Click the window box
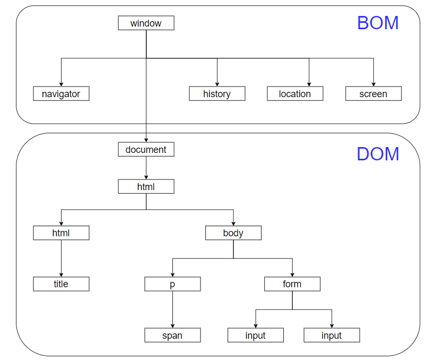point(146,23)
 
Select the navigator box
point(61,93)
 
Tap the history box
point(217,93)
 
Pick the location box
point(295,93)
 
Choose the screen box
point(373,93)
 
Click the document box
point(146,149)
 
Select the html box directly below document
point(146,186)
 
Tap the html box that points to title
point(61,233)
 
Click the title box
point(61,284)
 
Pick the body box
point(233,233)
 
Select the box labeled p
point(172,284)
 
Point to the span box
point(172,335)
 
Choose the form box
point(292,284)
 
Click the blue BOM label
point(378,23)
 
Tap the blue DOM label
point(378,154)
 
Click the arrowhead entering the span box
point(172,326)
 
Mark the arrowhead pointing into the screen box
point(373,84)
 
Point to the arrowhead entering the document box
point(146,140)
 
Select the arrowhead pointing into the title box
point(61,275)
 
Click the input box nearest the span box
point(256,335)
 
